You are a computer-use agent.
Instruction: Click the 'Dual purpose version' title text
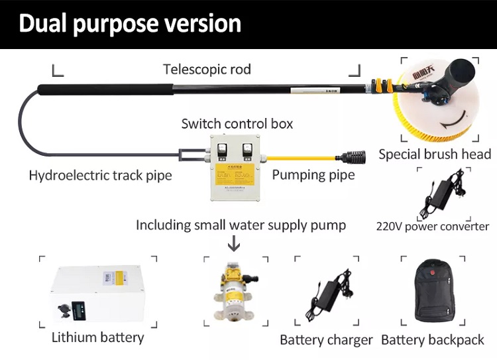[129, 23]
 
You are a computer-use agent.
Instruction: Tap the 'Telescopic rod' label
[207, 69]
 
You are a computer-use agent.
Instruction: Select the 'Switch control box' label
[237, 123]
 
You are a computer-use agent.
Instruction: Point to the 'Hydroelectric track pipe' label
[100, 176]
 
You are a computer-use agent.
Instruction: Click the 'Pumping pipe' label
[313, 176]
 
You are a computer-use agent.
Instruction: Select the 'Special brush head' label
[435, 154]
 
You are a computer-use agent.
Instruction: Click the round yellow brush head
[434, 106]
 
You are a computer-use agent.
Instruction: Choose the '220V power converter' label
[432, 226]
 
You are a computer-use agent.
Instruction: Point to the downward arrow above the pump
[233, 245]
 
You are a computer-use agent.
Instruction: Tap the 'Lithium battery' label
[97, 337]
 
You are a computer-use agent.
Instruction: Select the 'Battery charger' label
[326, 340]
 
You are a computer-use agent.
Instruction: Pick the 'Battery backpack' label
[433, 340]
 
